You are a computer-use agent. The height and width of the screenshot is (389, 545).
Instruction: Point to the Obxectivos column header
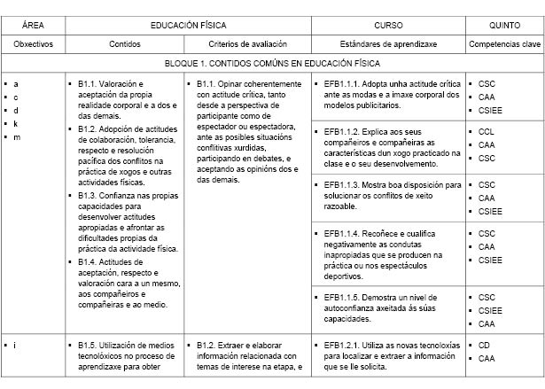point(34,42)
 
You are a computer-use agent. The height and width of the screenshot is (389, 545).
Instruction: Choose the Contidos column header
point(125,42)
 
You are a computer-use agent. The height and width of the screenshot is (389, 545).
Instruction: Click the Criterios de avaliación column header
point(248,42)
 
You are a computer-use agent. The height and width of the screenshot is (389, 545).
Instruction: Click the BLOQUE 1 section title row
point(272,64)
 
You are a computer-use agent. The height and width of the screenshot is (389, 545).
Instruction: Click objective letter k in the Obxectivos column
point(16,123)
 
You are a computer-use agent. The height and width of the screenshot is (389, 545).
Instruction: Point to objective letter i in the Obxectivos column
point(15,346)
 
